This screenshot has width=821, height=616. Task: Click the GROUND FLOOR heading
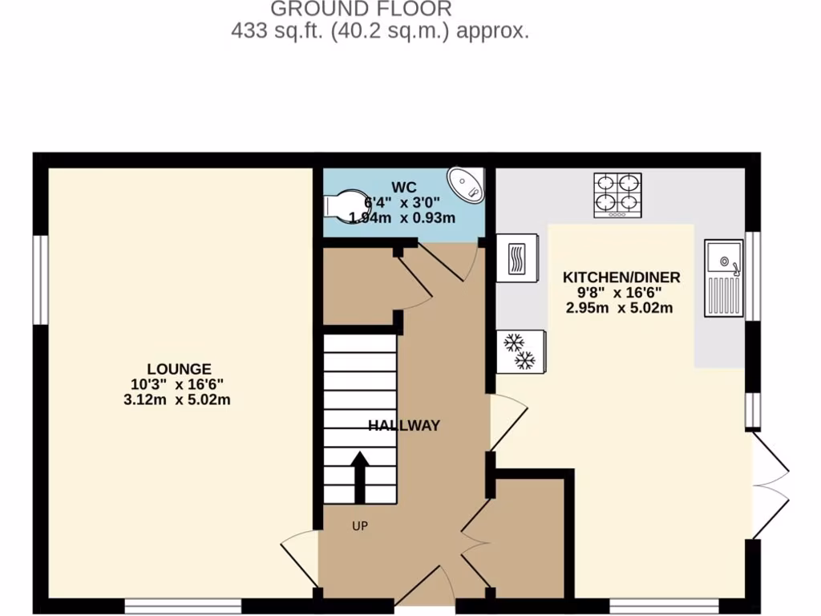(361, 10)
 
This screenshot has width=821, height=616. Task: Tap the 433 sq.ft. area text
(380, 32)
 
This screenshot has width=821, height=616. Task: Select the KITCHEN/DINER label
(621, 278)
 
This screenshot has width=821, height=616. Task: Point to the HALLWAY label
(404, 426)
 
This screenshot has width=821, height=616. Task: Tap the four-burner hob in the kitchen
(617, 195)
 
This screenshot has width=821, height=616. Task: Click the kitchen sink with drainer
(725, 278)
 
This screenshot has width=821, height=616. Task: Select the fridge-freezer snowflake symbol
(520, 352)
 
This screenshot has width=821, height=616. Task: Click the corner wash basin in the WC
(466, 185)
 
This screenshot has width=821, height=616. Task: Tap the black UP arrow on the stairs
(360, 476)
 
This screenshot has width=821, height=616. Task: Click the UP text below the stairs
(360, 526)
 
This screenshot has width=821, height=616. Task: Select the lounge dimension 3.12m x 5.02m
(178, 399)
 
